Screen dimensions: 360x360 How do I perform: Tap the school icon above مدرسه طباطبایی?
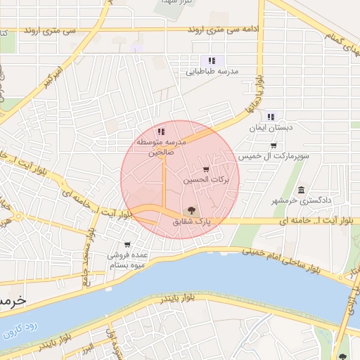[212, 60]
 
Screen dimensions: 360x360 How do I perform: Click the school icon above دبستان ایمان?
[271, 117]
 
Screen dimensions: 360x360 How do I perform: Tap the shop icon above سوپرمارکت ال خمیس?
[273, 145]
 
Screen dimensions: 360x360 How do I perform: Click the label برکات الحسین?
[207, 181]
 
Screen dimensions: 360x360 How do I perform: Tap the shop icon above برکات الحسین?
[205, 169]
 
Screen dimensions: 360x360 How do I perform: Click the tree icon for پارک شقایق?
[190, 210]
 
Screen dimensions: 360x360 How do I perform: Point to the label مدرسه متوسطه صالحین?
[160, 148]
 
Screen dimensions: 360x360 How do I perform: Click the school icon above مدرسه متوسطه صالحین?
[161, 131]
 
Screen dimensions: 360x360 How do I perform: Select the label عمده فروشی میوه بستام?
[127, 260]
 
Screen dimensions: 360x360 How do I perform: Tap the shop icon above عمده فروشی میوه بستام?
[127, 245]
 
